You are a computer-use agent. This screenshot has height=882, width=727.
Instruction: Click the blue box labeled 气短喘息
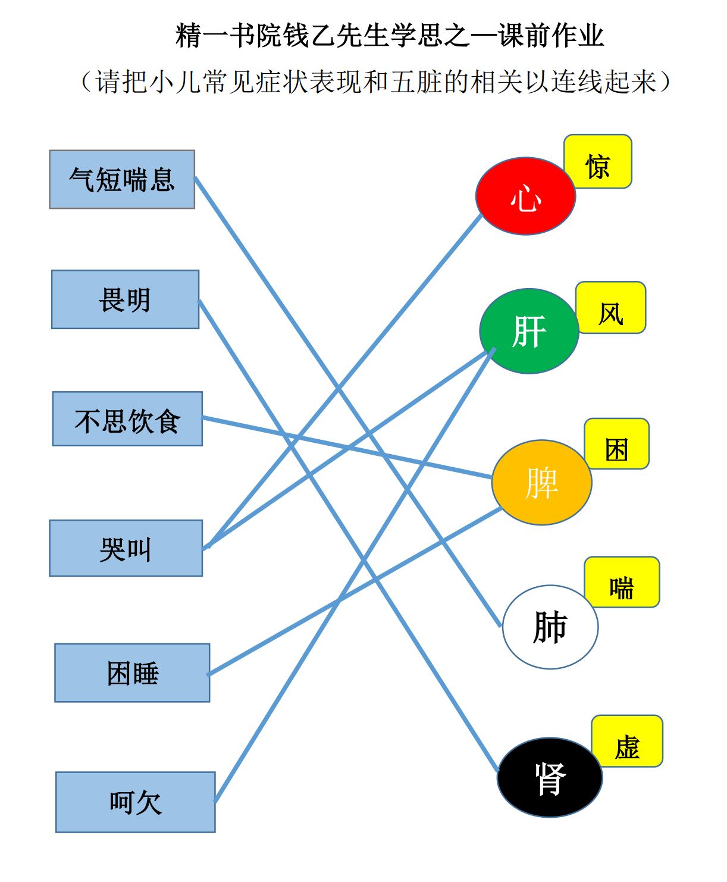[x=122, y=179]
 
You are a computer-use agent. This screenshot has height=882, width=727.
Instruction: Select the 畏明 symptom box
[x=125, y=299]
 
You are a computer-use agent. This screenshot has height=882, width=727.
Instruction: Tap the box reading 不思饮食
[x=127, y=418]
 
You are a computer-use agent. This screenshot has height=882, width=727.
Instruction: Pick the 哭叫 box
[x=126, y=548]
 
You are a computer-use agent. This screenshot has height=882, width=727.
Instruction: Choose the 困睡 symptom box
[x=132, y=673]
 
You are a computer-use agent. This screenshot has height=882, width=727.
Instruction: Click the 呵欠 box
[x=136, y=802]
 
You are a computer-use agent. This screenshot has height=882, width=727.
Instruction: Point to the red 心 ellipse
[x=526, y=196]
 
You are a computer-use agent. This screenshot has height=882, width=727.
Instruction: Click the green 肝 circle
[x=529, y=331]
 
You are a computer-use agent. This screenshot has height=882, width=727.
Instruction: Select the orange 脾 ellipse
[x=541, y=483]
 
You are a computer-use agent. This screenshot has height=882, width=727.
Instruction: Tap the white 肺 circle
[x=550, y=627]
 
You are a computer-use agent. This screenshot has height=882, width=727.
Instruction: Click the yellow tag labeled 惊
[x=598, y=161]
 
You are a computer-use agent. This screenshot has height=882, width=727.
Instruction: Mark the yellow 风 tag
[x=611, y=307]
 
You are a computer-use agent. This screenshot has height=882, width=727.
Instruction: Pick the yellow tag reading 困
[x=617, y=443]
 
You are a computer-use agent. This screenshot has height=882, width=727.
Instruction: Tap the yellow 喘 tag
[x=622, y=581]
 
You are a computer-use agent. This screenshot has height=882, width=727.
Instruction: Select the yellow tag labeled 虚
[x=628, y=741]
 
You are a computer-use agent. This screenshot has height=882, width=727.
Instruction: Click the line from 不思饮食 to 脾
[x=347, y=448]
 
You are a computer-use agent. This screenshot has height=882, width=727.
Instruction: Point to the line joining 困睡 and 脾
[x=355, y=592]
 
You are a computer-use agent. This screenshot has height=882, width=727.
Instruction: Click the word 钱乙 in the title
[x=322, y=36]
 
